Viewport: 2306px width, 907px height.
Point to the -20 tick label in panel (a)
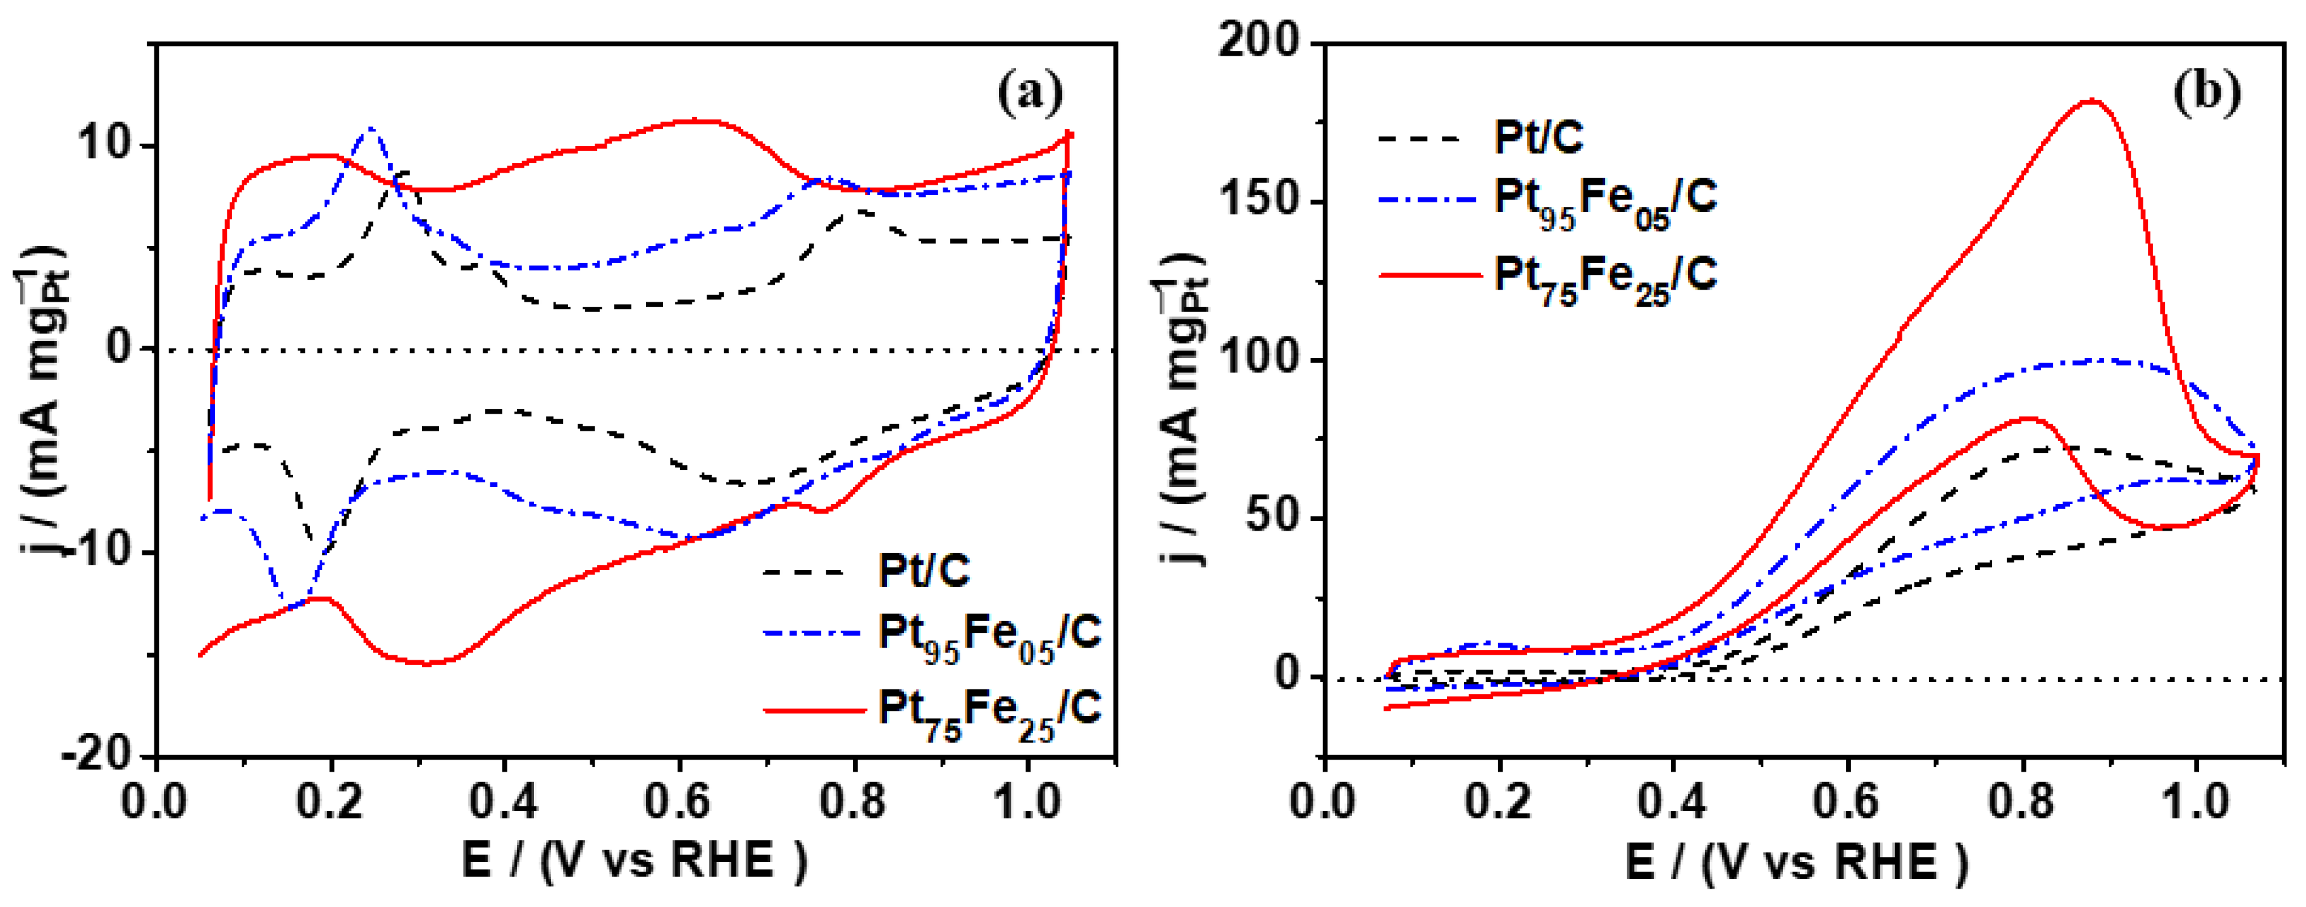click(x=103, y=754)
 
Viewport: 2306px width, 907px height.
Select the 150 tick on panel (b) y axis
click(x=1258, y=201)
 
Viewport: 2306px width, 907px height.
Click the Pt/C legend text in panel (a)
click(x=924, y=571)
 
